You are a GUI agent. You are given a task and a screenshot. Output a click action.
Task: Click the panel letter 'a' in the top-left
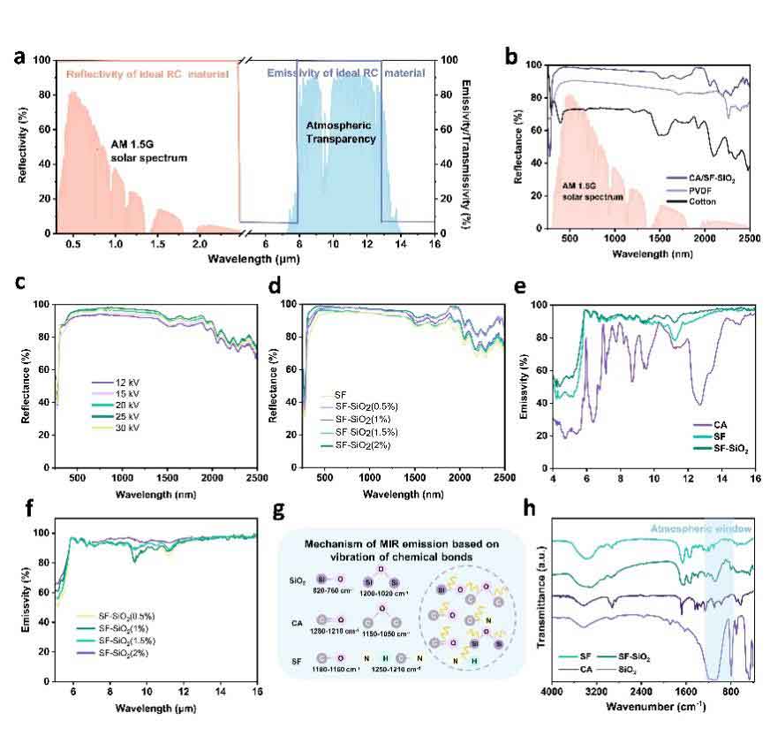tap(19, 58)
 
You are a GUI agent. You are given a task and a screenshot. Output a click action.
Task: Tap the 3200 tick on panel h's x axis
tap(596, 691)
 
